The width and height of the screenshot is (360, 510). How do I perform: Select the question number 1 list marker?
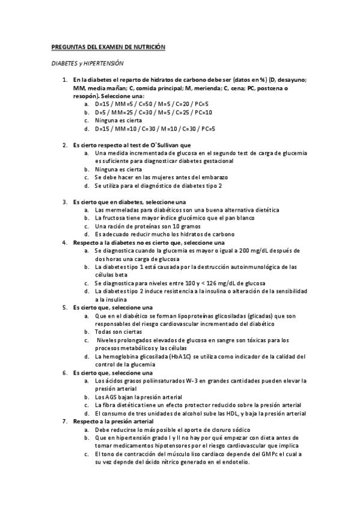pyautogui.click(x=66, y=80)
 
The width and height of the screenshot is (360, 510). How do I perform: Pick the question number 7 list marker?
pyautogui.click(x=66, y=422)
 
